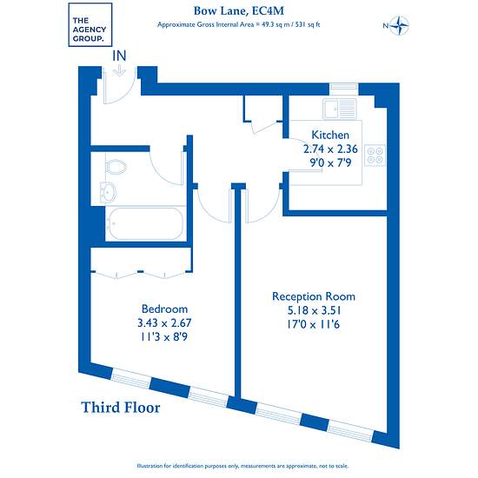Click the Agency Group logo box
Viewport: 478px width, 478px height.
pyautogui.click(x=90, y=24)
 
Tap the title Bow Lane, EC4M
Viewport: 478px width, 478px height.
pyautogui.click(x=239, y=11)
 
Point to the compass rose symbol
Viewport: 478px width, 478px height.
pyautogui.click(x=399, y=25)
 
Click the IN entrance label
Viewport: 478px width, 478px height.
pyautogui.click(x=119, y=56)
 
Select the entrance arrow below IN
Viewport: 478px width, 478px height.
pyautogui.click(x=119, y=71)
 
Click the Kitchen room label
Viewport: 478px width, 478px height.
pyautogui.click(x=330, y=135)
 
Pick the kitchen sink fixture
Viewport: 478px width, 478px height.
pyautogui.click(x=340, y=109)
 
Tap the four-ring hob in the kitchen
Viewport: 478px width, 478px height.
pyautogui.click(x=375, y=156)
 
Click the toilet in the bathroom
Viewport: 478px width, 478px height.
pyautogui.click(x=116, y=167)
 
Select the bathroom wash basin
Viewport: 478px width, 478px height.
pyautogui.click(x=108, y=192)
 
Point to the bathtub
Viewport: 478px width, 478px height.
pyautogui.click(x=146, y=223)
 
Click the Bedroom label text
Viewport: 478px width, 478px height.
pyautogui.click(x=164, y=309)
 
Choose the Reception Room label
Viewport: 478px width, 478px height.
pyautogui.click(x=314, y=296)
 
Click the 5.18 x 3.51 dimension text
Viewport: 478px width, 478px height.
pyautogui.click(x=314, y=310)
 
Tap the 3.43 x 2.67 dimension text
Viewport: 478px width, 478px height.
pyautogui.click(x=164, y=322)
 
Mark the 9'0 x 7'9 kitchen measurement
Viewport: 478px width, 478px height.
pyautogui.click(x=330, y=163)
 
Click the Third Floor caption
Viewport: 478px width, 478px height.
pyautogui.click(x=121, y=408)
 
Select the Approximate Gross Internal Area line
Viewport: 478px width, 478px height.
pyautogui.click(x=239, y=24)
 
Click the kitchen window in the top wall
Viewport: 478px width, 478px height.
pyautogui.click(x=344, y=89)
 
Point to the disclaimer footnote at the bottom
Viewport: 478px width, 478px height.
pyautogui.click(x=242, y=466)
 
